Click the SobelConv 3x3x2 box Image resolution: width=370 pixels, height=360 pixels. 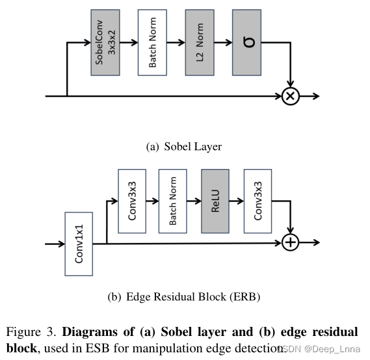[107, 43]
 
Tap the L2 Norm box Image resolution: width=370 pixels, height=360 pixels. [200, 43]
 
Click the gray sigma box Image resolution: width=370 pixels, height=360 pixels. [246, 43]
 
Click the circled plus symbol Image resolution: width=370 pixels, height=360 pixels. [290, 242]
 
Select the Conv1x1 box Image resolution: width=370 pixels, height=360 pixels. [79, 244]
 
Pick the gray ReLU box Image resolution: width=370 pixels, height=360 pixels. [216, 201]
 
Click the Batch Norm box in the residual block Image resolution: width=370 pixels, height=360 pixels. [174, 201]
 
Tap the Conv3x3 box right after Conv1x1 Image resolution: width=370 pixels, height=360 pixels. [132, 201]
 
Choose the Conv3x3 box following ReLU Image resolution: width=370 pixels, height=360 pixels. [258, 201]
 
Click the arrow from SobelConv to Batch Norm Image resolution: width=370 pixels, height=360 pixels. [130, 43]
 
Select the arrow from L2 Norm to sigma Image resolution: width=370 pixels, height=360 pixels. [223, 43]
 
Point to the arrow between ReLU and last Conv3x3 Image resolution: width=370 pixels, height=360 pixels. [237, 201]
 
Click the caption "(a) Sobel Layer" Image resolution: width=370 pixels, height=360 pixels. [184, 147]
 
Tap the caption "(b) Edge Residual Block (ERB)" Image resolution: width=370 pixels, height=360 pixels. [184, 297]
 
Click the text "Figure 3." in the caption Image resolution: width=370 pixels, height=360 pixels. [30, 332]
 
